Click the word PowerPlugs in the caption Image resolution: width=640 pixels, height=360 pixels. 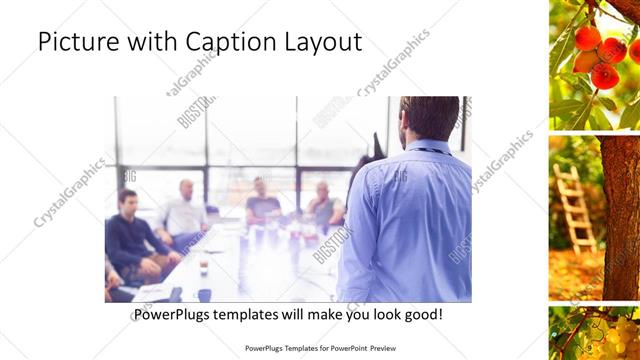pos(177,315)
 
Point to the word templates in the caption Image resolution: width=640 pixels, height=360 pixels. pos(261,315)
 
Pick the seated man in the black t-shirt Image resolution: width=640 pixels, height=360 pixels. pos(262,204)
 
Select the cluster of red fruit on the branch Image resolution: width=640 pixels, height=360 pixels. pos(600,55)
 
